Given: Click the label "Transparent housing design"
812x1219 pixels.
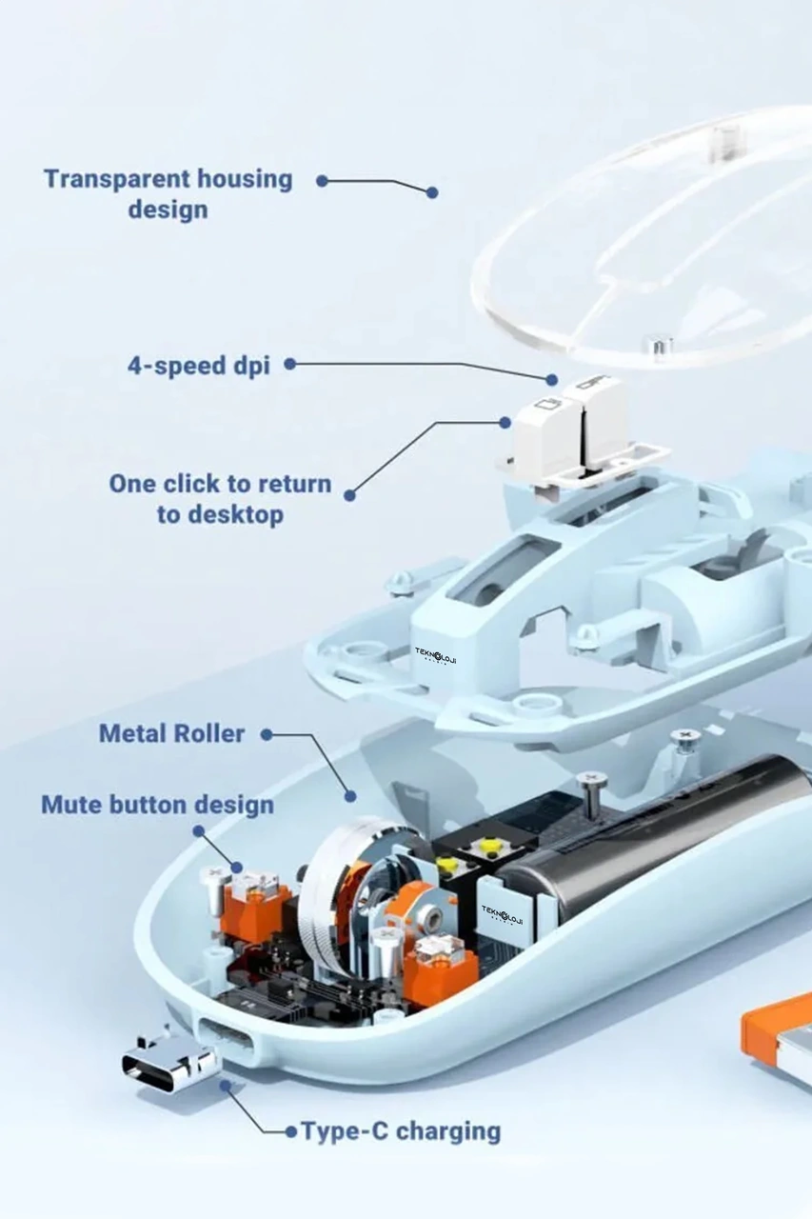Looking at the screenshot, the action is [168, 193].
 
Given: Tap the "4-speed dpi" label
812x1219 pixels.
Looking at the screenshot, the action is [199, 366].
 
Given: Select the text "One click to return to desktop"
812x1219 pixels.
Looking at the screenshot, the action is [220, 498].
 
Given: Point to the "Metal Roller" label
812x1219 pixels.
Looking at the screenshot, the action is [172, 733].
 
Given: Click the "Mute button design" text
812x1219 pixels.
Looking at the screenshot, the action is [158, 805].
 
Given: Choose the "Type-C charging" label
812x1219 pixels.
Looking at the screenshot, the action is [401, 1130].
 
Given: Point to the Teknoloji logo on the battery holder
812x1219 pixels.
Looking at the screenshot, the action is [502, 909].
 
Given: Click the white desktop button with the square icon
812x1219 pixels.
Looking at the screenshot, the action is [547, 435].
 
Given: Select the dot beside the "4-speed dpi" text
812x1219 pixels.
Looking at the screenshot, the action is [290, 364].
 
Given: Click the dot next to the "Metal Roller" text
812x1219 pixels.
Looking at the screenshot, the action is [267, 734].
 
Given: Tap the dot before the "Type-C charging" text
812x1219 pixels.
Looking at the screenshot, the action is [291, 1131].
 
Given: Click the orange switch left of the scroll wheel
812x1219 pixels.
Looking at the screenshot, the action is [249, 904].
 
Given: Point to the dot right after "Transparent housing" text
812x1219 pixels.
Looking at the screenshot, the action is [322, 181].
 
